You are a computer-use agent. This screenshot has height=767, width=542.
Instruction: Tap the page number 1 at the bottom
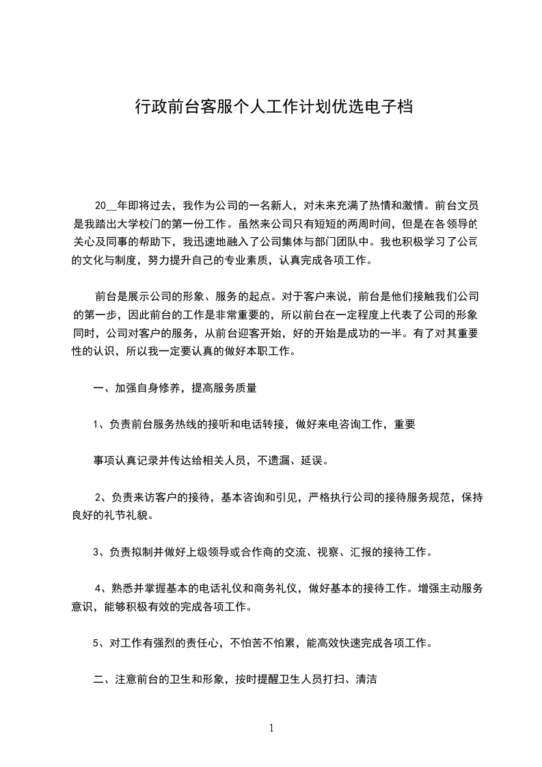coord(271,728)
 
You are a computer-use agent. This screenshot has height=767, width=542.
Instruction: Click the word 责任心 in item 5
coord(198,643)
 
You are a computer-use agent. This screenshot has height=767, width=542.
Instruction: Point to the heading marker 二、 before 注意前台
coord(101,679)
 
